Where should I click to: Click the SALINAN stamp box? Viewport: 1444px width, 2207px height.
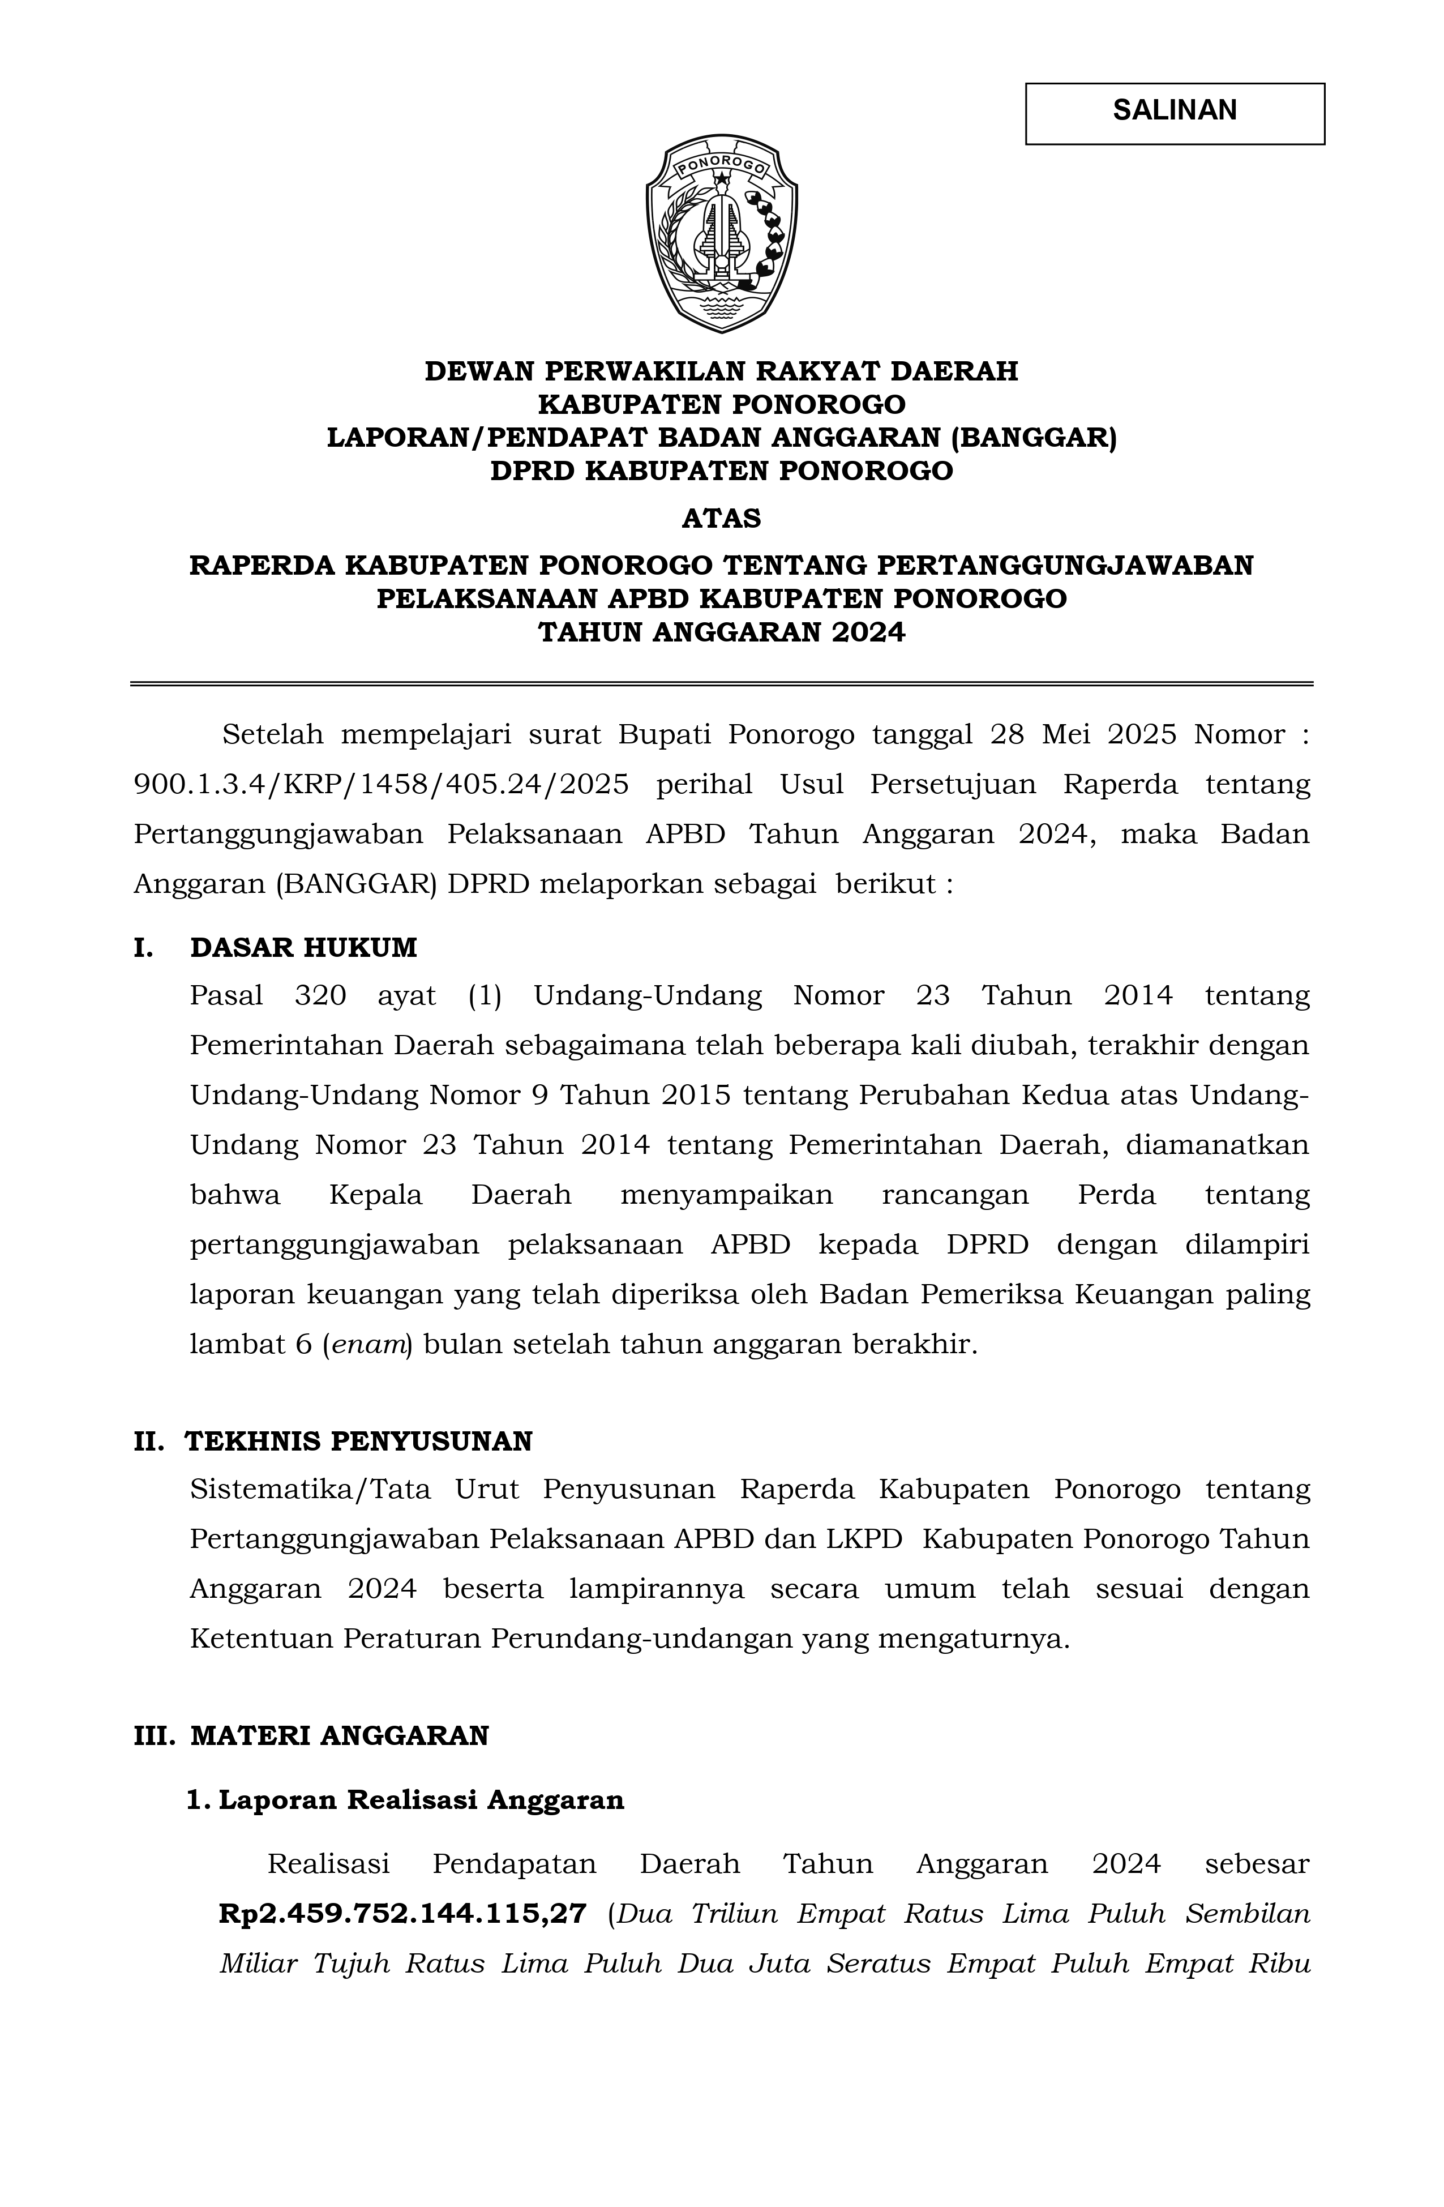(1175, 113)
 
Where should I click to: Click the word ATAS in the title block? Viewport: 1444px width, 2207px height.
(721, 519)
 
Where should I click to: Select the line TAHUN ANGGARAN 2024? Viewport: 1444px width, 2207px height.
(721, 632)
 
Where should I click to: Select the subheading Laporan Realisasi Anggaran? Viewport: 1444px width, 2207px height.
(421, 1800)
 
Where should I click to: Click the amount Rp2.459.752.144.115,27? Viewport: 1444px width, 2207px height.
(403, 1913)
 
